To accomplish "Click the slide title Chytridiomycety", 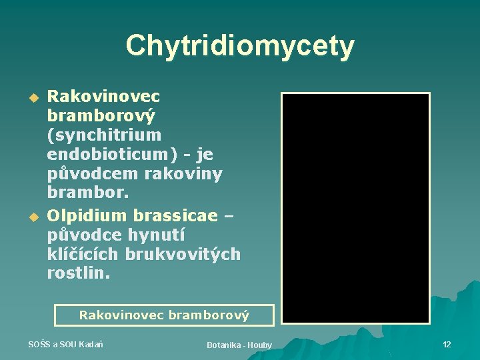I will (240, 46).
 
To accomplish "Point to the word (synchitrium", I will (104, 135).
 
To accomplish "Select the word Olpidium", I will (88, 215).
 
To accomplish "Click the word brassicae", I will (175, 215).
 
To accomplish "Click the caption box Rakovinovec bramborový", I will (164, 315).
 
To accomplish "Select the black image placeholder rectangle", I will (355, 208).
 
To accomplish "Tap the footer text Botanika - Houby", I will (239, 345).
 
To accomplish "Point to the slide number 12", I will (447, 344).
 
